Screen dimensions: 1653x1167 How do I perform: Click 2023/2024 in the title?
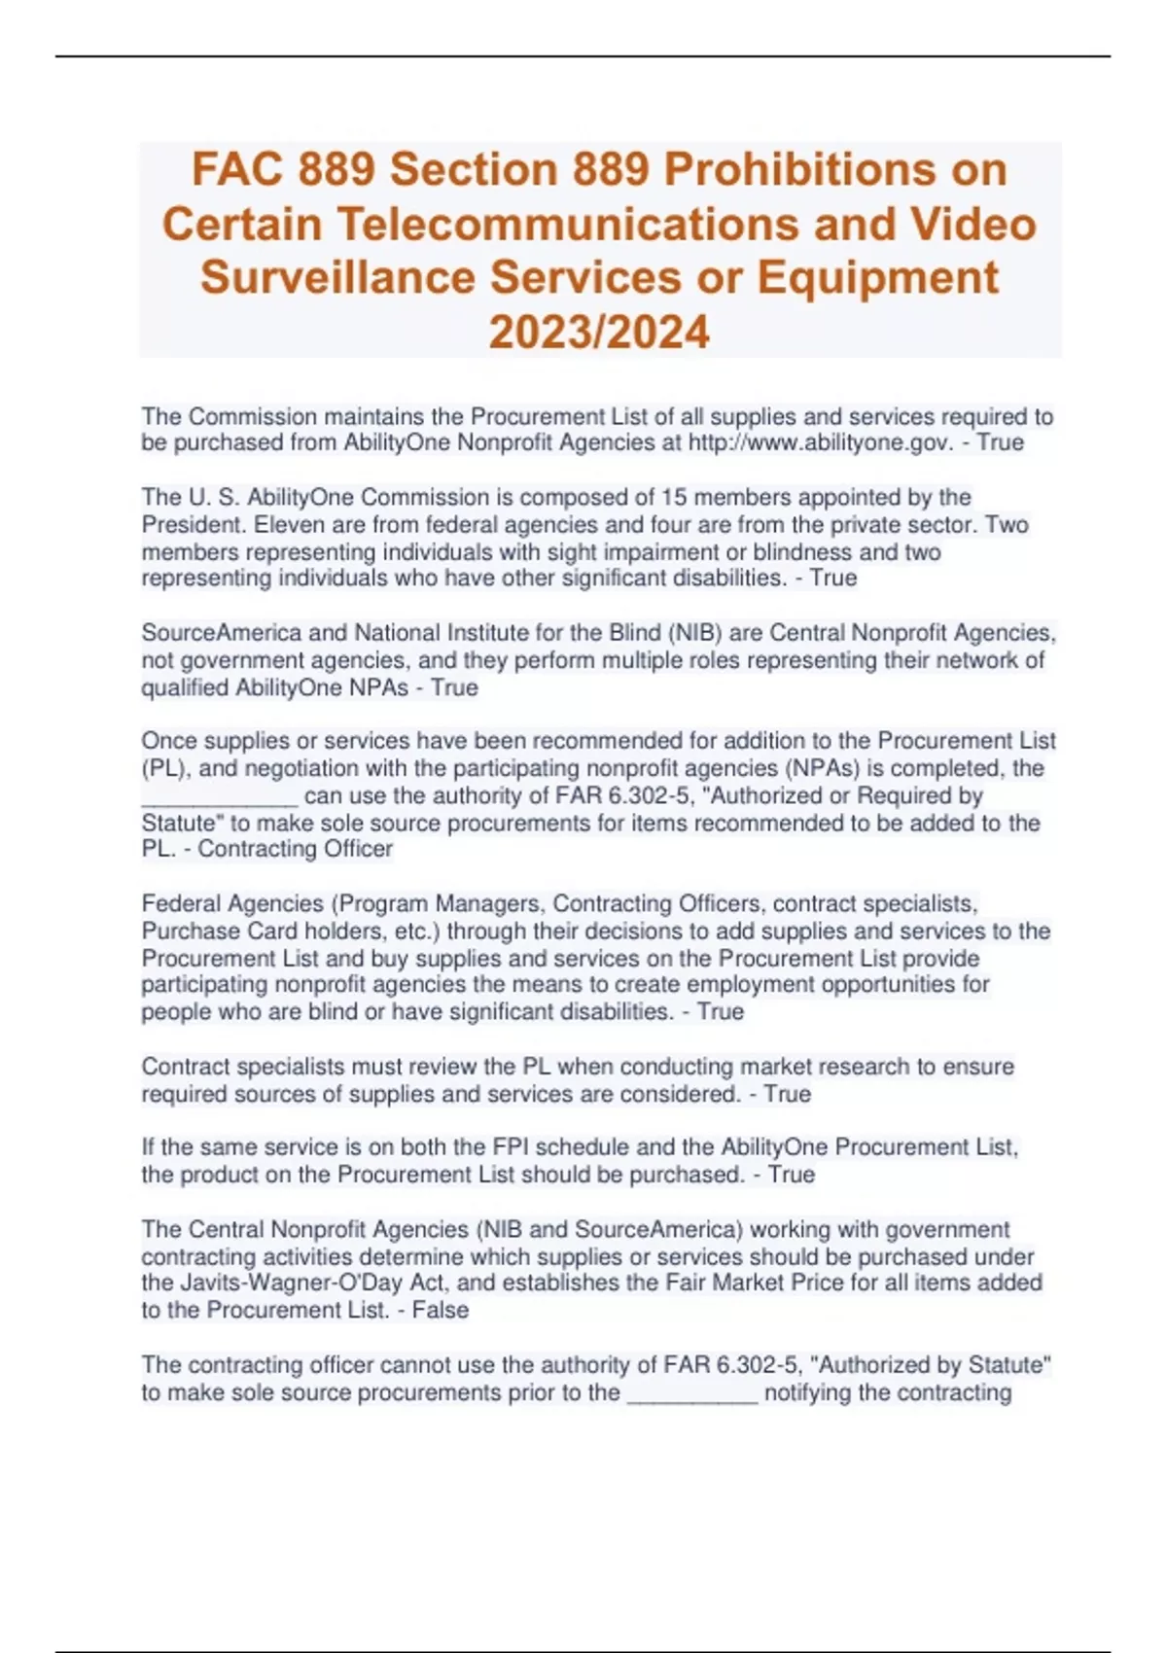coord(599,332)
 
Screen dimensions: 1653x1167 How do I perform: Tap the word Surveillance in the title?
coord(338,277)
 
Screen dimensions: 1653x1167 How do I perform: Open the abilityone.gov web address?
coord(820,443)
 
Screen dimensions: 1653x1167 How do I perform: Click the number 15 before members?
coord(674,498)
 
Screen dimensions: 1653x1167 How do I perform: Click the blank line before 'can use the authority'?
coord(220,796)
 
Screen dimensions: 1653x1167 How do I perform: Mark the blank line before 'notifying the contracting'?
coord(692,1392)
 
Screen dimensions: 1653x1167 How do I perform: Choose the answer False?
coord(441,1311)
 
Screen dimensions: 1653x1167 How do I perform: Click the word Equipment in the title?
coord(877,277)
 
